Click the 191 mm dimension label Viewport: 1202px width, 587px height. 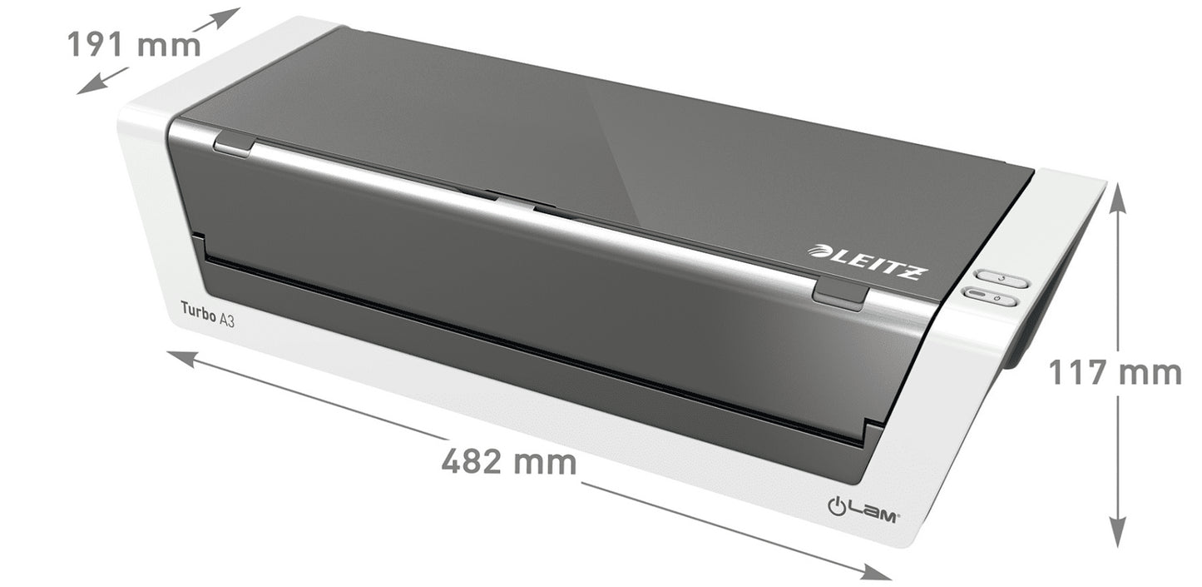coord(133,44)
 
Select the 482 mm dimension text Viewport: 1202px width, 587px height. coord(508,460)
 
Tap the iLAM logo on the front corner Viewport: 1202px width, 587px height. coord(863,507)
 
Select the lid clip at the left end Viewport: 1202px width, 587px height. coord(234,145)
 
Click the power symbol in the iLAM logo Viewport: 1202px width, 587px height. coord(837,505)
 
